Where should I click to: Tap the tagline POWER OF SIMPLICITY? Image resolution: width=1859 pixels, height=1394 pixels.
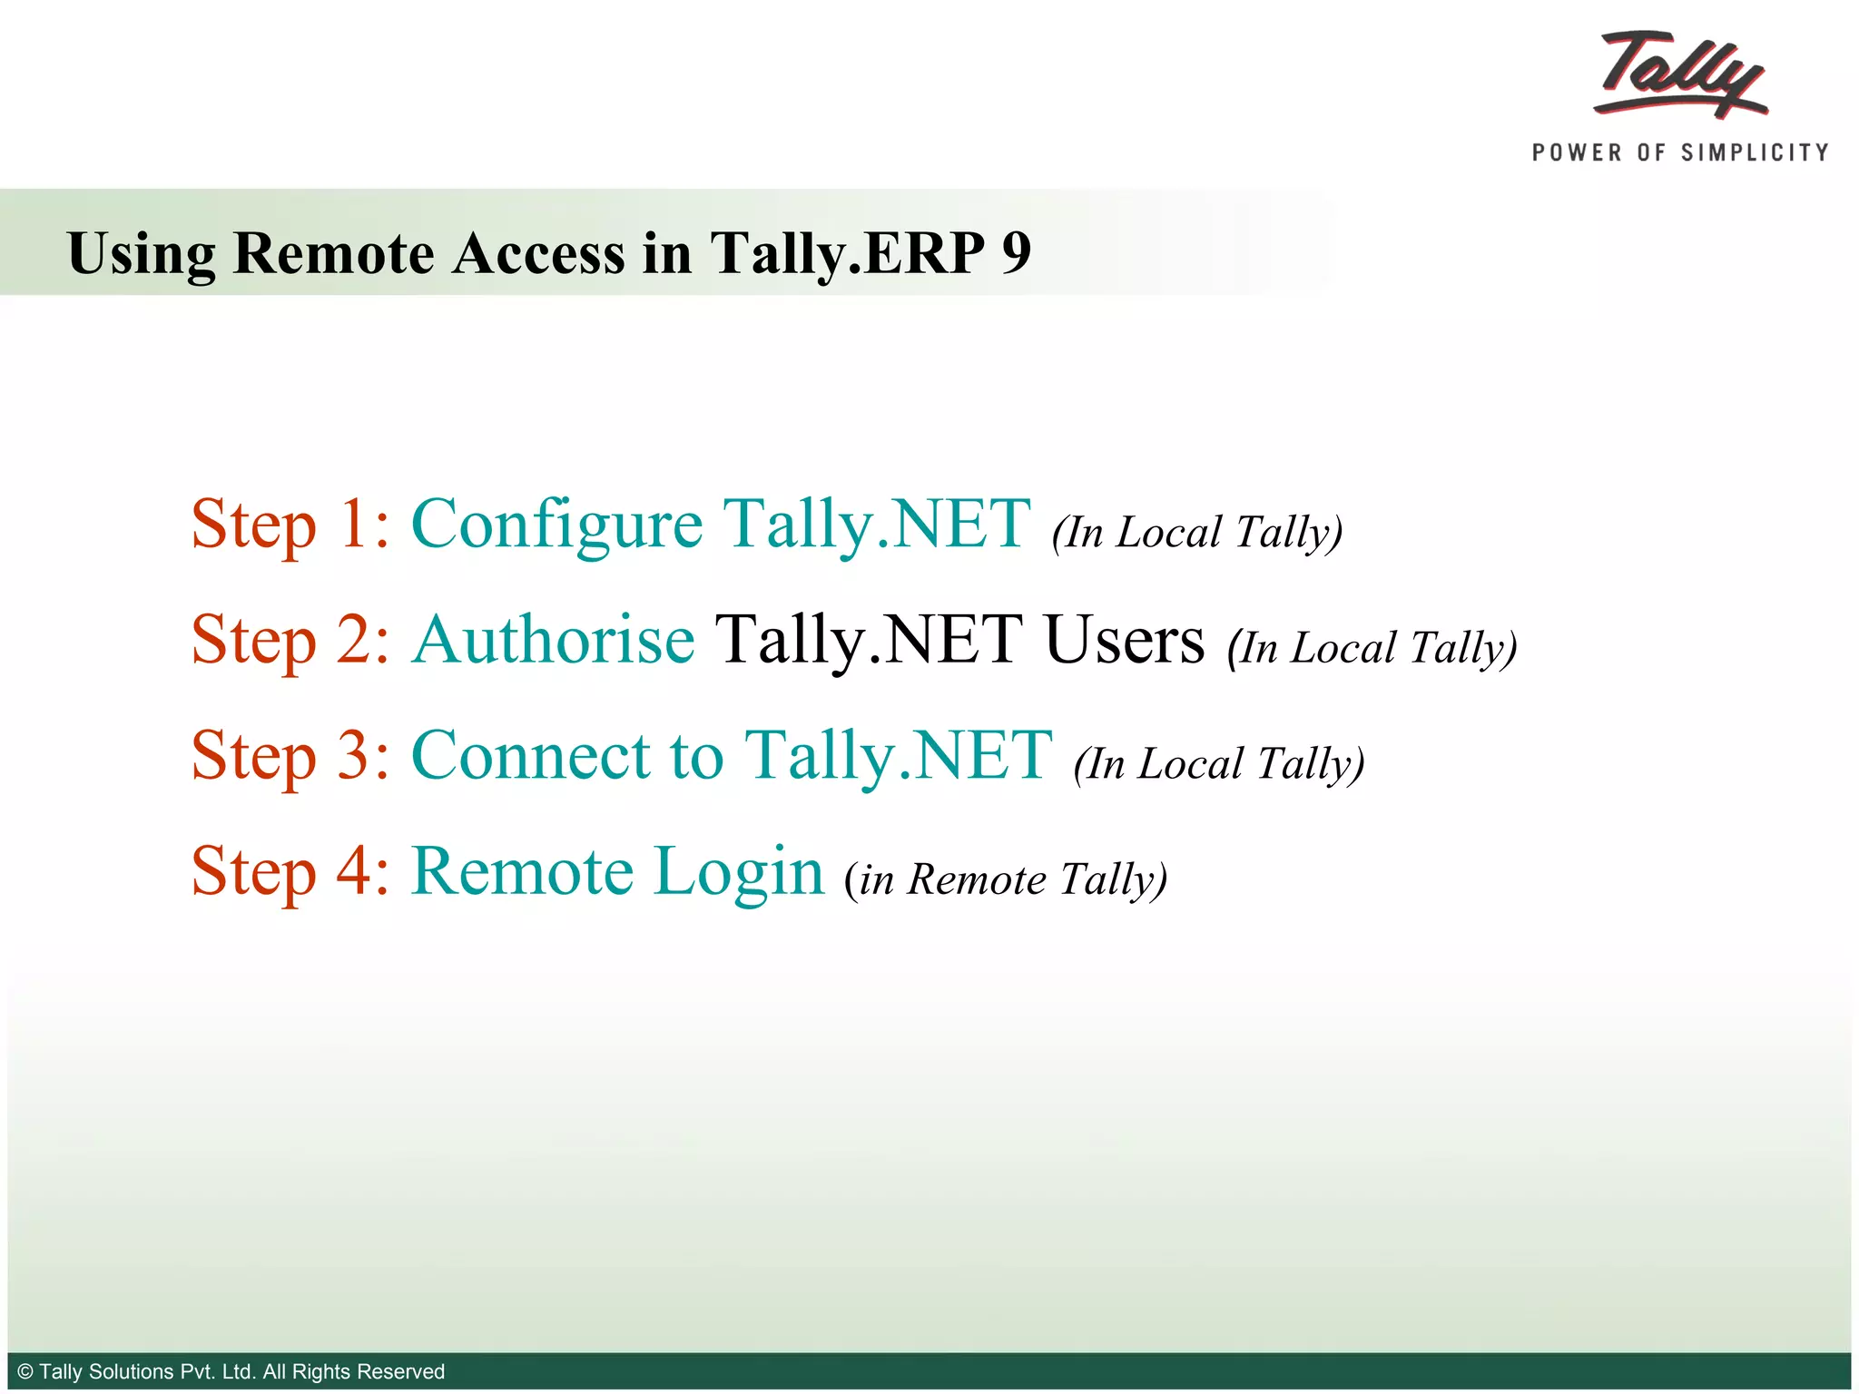[1680, 152]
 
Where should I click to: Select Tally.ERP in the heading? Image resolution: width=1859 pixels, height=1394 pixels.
[847, 252]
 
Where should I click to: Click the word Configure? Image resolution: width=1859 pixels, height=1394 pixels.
[556, 525]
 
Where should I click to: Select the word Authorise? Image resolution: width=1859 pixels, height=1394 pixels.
[553, 640]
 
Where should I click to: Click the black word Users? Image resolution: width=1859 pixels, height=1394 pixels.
[1124, 640]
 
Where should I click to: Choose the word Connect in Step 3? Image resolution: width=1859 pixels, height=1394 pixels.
[531, 755]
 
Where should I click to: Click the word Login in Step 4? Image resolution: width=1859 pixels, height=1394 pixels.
[738, 871]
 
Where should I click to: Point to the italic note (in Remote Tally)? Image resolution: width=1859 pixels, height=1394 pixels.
[1005, 879]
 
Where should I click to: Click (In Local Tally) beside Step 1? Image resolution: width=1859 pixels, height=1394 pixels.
[1196, 532]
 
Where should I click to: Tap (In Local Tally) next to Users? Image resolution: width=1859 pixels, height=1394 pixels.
[1372, 648]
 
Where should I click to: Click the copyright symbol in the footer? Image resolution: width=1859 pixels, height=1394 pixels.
[25, 1371]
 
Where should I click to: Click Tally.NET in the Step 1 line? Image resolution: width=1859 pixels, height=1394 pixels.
[876, 525]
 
